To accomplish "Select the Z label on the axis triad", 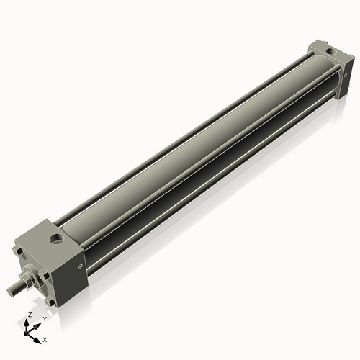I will [30, 315].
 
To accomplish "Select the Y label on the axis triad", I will [45, 318].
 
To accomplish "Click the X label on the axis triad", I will [45, 338].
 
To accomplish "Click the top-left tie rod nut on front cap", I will [16, 253].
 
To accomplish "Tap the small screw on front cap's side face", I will [80, 266].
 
